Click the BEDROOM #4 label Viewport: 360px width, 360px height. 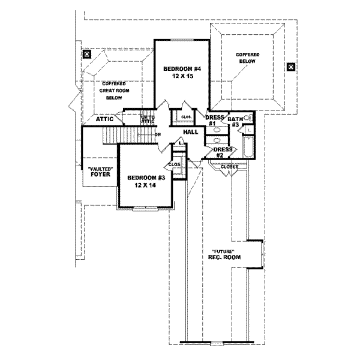pos(181,70)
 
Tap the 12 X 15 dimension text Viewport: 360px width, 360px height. pos(181,77)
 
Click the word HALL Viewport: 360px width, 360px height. pos(190,131)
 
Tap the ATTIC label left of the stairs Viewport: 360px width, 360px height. pos(106,119)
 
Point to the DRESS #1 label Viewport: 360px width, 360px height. pos(215,121)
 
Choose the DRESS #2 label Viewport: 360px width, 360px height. pos(223,152)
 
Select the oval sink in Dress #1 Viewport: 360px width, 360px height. pos(218,130)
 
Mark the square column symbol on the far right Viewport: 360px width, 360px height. pos(291,67)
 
